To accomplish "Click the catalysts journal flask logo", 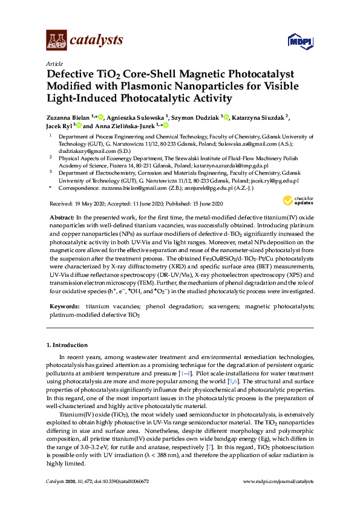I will pyautogui.click(x=56, y=40).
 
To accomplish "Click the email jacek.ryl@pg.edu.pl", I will pyautogui.click(x=276, y=180).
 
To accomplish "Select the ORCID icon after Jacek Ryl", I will pyautogui.click(x=78, y=126).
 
